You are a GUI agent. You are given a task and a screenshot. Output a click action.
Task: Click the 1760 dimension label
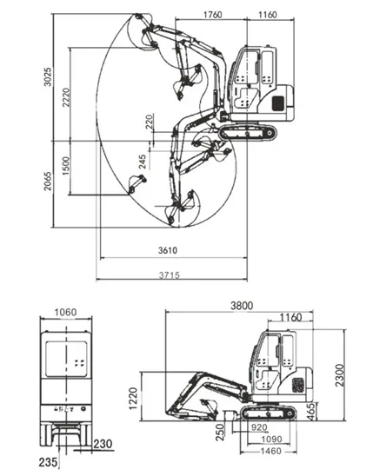213,14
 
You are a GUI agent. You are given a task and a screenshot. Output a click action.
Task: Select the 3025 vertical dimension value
48,76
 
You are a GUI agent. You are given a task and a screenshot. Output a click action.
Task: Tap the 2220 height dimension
66,97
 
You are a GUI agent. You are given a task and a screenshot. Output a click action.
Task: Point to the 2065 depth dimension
48,182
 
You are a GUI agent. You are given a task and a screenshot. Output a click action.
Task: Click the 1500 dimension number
66,166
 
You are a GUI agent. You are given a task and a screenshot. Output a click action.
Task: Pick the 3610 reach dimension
168,250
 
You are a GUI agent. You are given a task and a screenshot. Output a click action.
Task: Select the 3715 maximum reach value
170,275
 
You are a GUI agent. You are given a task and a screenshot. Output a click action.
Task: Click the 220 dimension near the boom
150,122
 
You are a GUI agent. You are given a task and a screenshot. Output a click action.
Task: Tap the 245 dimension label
143,162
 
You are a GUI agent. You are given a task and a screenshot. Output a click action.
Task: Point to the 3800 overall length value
242,306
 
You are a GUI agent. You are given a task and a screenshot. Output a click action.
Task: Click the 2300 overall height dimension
340,375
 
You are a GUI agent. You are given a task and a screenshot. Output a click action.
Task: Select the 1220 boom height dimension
133,399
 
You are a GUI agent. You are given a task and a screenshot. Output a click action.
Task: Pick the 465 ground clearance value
310,412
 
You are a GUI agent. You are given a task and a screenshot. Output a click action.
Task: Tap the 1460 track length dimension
271,451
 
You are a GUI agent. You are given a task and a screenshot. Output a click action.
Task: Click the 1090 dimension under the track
272,439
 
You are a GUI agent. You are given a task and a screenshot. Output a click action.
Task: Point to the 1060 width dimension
65,312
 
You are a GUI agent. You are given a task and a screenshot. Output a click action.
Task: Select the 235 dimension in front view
48,462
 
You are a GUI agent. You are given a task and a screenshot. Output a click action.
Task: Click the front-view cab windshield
66,359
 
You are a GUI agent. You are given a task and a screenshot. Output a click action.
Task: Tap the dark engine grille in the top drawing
278,103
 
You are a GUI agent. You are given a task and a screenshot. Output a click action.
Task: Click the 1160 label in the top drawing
268,14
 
